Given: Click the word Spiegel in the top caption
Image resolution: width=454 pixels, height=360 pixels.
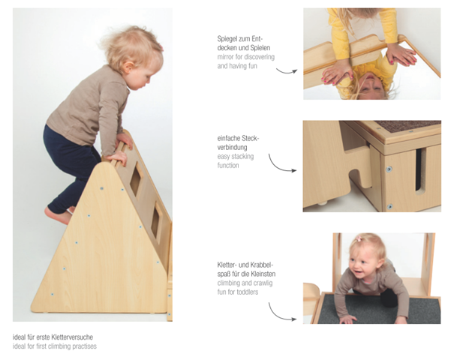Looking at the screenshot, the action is [x=227, y=39].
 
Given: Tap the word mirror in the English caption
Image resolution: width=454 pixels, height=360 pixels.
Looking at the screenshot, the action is [x=225, y=57].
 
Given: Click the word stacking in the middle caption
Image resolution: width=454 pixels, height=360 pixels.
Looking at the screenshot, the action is [x=242, y=157].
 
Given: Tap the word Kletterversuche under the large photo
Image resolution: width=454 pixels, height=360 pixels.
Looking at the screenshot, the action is [x=72, y=337].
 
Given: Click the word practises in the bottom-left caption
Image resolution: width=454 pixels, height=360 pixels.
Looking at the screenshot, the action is [x=84, y=346].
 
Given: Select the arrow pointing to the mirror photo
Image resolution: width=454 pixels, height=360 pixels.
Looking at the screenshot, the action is [x=287, y=71].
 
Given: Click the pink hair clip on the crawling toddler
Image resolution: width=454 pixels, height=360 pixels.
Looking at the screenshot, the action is [x=359, y=239].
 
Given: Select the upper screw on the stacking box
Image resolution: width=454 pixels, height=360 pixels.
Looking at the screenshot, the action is [x=389, y=169].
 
